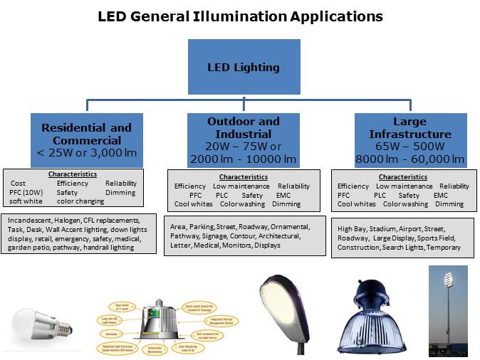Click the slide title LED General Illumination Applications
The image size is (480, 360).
point(240,16)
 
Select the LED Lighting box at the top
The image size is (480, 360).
point(243,68)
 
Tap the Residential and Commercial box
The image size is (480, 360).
point(86,139)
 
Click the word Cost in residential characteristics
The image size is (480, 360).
point(18,184)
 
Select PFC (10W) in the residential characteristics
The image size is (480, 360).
point(26,192)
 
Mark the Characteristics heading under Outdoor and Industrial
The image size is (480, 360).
point(243,177)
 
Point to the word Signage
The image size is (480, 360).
point(216,235)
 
